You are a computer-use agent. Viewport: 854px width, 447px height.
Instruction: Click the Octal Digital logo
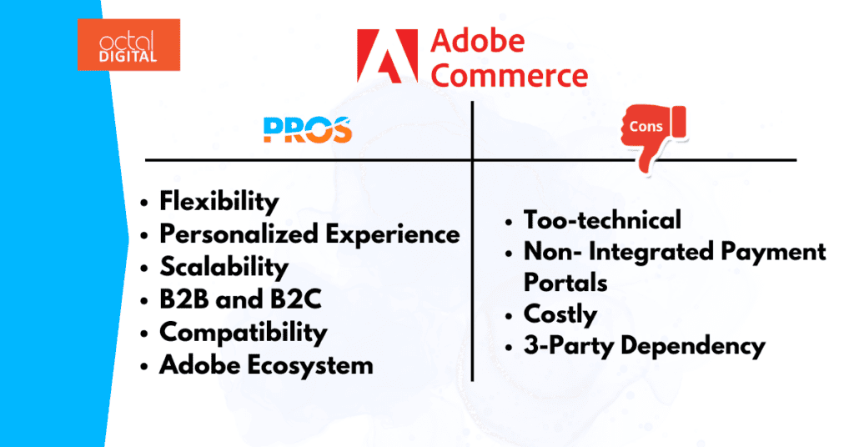[128, 44]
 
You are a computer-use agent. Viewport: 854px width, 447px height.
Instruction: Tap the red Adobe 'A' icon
[387, 57]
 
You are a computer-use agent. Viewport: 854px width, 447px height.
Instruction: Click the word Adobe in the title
[479, 41]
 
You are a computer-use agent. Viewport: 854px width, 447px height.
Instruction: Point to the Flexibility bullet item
[219, 201]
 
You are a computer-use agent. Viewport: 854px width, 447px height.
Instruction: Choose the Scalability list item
[224, 267]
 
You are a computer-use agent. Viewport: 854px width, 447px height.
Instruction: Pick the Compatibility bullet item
[243, 332]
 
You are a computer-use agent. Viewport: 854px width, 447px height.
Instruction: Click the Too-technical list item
[602, 219]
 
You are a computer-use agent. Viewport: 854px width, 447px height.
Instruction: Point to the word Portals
[565, 283]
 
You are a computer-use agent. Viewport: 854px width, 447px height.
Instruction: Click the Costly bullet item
[560, 314]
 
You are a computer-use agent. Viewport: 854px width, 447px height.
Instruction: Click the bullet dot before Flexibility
[147, 203]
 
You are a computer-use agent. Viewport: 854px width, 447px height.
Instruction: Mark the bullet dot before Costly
[510, 316]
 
